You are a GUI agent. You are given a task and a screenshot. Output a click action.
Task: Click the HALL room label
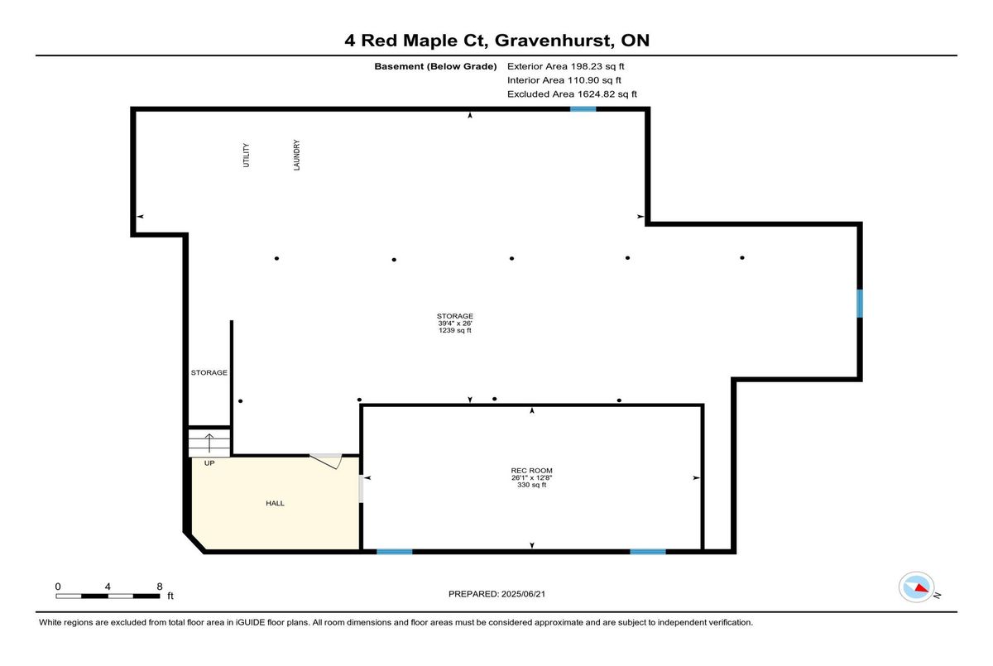pos(275,503)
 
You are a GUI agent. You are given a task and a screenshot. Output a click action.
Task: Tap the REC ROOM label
pos(531,471)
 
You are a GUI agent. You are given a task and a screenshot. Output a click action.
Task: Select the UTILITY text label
pos(246,155)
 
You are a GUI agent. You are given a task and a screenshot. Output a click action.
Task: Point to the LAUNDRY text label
pos(296,155)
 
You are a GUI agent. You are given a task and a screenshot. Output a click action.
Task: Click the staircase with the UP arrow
pos(209,443)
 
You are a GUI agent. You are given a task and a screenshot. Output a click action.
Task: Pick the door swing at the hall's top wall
pos(326,461)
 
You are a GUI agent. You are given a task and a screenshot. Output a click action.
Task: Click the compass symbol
pos(916,587)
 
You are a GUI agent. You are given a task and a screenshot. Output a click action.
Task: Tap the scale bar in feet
pos(108,596)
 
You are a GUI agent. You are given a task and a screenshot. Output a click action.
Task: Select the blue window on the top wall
pos(583,109)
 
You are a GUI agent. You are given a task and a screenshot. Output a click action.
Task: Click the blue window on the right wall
pos(860,304)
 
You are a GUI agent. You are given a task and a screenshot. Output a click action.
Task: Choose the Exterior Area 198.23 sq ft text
pos(566,66)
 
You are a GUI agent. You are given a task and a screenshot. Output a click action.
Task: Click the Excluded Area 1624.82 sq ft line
pos(572,94)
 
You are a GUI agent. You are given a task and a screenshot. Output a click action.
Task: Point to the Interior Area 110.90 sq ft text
pos(564,80)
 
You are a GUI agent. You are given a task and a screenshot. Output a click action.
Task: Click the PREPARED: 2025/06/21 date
pos(497,594)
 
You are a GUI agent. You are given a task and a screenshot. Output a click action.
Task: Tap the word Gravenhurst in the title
pos(554,41)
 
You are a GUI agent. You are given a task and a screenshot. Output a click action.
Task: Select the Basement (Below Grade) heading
pos(435,66)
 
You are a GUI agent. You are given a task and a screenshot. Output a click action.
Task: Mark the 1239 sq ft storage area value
pos(455,330)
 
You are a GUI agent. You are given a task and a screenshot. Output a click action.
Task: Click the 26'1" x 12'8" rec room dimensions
pos(531,477)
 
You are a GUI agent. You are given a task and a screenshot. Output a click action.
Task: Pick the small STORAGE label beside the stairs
pos(209,372)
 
